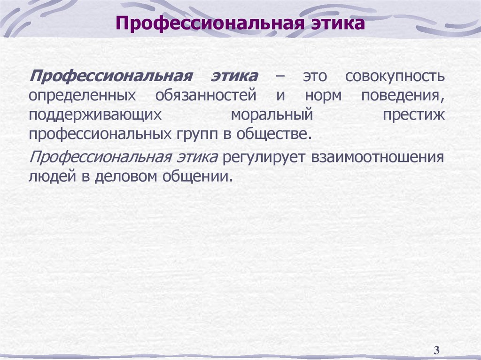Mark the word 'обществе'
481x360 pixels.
[273, 135]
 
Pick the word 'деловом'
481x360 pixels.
[120, 177]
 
